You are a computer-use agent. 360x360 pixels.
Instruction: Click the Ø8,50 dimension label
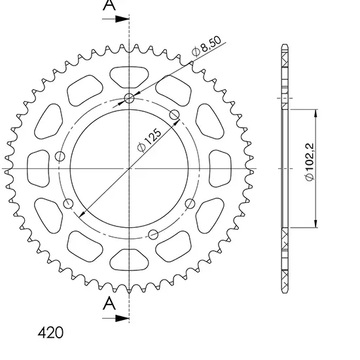coord(207,46)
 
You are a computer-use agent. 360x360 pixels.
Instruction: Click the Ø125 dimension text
coord(149,141)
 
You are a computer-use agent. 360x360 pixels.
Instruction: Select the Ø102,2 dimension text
coord(310,162)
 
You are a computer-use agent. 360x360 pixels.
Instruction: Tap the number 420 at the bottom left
coord(50,333)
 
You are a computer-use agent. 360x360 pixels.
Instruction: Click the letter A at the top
coord(109,5)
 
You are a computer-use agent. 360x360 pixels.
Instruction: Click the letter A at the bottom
coord(109,302)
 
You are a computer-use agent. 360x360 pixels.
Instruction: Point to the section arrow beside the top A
coord(116,19)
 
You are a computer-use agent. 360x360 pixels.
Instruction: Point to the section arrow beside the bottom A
coord(116,318)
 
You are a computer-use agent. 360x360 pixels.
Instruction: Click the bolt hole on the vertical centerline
coord(129,98)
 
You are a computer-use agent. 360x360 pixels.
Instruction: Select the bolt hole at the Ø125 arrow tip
coord(175,115)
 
